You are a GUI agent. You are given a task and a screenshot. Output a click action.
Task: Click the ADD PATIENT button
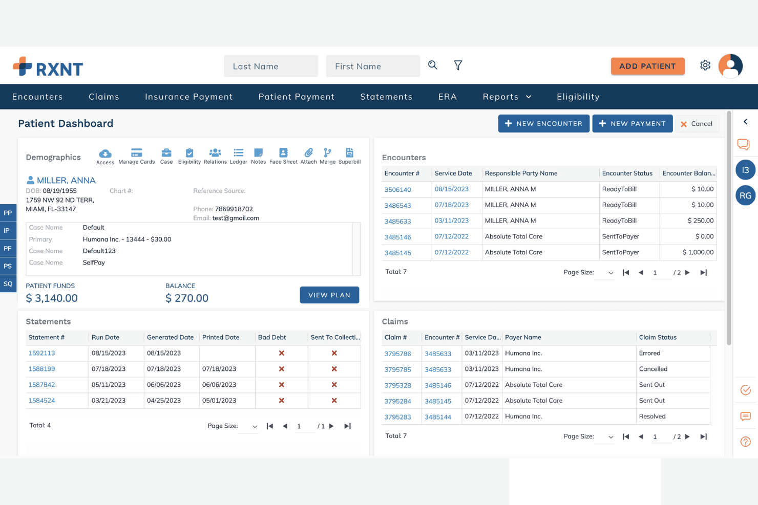(647, 66)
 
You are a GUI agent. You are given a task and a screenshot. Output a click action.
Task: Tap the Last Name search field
(271, 66)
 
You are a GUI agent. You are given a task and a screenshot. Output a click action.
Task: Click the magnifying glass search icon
(432, 65)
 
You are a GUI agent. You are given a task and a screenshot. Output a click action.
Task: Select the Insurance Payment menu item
(189, 97)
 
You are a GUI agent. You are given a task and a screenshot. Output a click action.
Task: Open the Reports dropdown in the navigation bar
(507, 97)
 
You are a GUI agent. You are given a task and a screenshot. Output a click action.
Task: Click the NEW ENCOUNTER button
(543, 124)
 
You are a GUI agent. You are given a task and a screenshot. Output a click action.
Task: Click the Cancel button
(697, 124)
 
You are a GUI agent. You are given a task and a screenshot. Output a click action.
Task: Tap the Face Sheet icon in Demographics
(283, 156)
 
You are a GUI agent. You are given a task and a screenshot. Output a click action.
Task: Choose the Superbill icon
(350, 156)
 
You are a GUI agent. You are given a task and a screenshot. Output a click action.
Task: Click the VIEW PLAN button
(329, 295)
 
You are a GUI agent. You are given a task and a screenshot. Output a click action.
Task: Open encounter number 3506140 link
(397, 190)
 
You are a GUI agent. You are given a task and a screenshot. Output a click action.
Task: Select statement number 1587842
(41, 385)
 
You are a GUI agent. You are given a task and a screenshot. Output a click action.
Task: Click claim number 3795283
(397, 417)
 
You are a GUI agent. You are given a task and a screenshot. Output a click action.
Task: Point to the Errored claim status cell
(649, 353)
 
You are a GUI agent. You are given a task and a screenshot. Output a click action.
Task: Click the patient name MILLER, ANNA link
(66, 180)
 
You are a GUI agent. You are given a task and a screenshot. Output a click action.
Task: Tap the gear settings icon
(705, 65)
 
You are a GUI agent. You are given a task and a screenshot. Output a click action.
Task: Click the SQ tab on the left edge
(8, 283)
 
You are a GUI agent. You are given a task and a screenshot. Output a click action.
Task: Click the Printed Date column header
(221, 337)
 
